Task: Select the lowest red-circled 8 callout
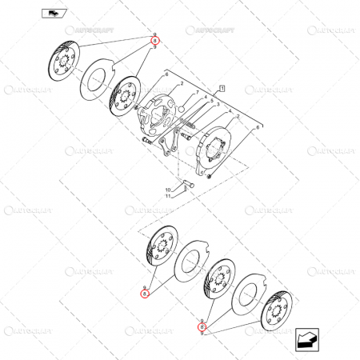tap(202, 326)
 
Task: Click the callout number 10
tap(168, 189)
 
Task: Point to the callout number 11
tap(168, 196)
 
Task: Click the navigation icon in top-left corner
tap(50, 13)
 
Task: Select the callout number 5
tap(205, 97)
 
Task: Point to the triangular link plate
tap(165, 149)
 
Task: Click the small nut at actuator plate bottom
tap(209, 177)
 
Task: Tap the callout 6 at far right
tap(258, 127)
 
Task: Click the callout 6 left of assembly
tap(166, 74)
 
